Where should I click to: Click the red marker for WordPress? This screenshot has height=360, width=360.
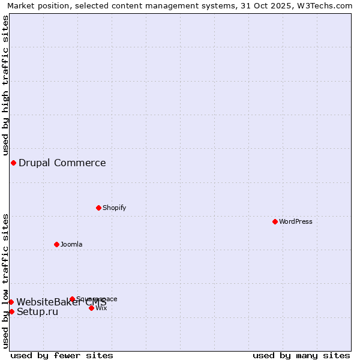click(x=275, y=221)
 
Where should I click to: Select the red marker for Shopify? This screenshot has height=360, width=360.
click(x=98, y=208)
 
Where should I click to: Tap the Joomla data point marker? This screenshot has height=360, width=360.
click(x=56, y=244)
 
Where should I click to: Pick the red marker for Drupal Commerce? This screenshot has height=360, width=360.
click(x=13, y=163)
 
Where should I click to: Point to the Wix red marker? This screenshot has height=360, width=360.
click(x=91, y=308)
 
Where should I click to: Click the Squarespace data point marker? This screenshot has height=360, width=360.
click(x=72, y=299)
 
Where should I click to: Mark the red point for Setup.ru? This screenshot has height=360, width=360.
click(x=11, y=311)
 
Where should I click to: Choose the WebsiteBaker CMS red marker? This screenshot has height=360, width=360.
click(x=11, y=302)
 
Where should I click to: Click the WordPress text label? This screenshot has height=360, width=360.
click(x=296, y=221)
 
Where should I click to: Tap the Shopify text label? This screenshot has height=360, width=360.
click(x=115, y=208)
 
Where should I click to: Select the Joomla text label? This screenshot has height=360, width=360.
click(x=71, y=244)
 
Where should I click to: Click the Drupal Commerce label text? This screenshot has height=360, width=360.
click(x=62, y=163)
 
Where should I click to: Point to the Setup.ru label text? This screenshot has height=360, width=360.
click(x=37, y=311)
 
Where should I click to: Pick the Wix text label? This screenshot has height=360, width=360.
click(x=101, y=308)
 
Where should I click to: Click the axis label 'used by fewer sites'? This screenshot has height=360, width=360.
click(x=62, y=355)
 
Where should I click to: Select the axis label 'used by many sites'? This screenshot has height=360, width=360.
click(x=301, y=355)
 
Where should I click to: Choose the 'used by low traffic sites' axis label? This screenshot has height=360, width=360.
click(x=6, y=281)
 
